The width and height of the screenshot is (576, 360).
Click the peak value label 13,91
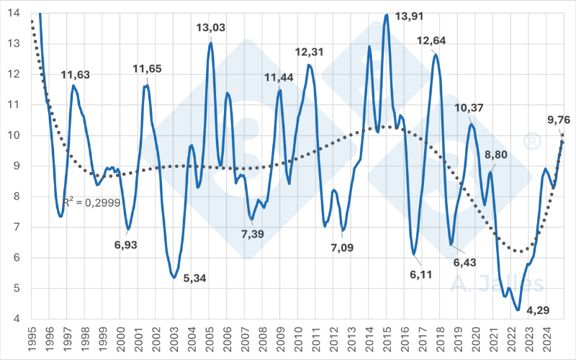point(410,15)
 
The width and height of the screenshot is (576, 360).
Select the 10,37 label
point(469,108)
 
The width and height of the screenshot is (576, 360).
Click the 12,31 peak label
point(311,52)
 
